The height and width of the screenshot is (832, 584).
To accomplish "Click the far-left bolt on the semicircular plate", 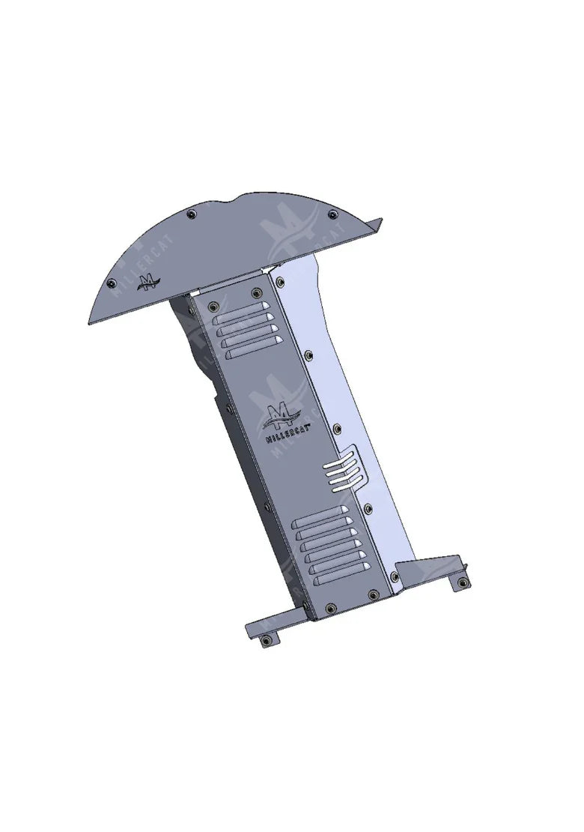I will point(112,283).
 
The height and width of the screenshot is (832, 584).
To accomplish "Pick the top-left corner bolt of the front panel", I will point(213,306).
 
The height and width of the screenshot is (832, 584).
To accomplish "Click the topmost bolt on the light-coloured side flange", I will point(279,283).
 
